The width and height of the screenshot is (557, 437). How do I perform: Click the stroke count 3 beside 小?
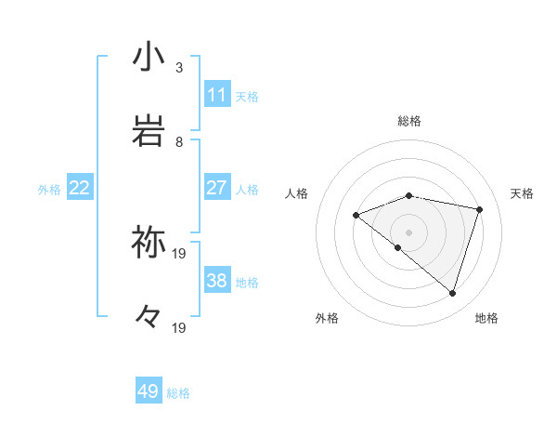(179, 68)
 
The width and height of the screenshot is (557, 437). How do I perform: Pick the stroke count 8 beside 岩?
(179, 142)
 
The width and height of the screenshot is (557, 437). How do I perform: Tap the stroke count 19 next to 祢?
(179, 253)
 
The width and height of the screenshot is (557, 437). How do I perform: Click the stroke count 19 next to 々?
(179, 327)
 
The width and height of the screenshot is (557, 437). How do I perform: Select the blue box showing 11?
(217, 95)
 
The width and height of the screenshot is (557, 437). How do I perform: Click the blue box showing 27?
(217, 188)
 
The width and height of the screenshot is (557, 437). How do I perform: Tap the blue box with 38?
(217, 281)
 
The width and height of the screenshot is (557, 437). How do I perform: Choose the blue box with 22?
(80, 188)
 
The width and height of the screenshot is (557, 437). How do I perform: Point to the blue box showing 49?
(149, 391)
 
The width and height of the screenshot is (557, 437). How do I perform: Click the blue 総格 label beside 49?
(178, 393)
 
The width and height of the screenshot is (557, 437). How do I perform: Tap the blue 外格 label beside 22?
(49, 190)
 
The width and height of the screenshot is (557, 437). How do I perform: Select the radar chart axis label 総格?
(409, 121)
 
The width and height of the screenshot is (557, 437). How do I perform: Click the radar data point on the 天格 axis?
(480, 209)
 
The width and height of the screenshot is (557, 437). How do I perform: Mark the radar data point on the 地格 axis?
(452, 294)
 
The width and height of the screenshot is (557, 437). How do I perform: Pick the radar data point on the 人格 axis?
(356, 216)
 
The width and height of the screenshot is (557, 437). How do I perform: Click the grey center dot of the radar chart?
(408, 232)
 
